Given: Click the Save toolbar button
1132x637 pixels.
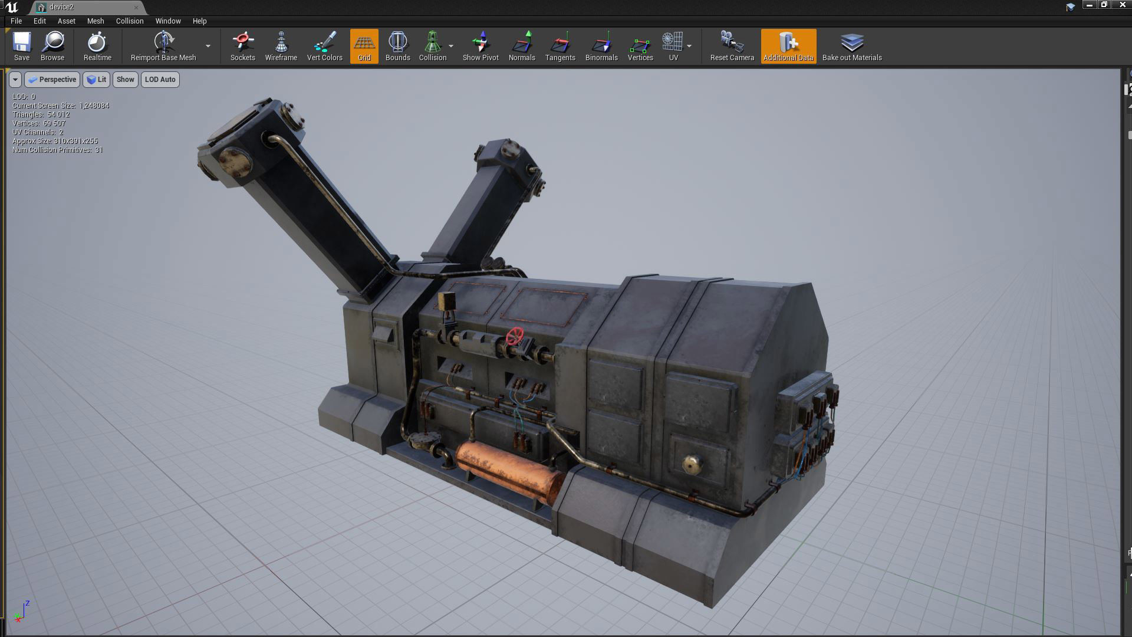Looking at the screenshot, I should [22, 47].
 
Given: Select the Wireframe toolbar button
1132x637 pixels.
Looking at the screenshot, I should [281, 47].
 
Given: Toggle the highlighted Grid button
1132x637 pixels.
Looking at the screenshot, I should [364, 47].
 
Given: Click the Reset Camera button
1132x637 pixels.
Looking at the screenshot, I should [732, 47].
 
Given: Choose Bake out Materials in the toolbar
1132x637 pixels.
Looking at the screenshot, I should [851, 47].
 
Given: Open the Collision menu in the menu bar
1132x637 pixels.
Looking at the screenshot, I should [130, 21].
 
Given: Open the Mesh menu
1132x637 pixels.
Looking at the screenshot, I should [96, 21].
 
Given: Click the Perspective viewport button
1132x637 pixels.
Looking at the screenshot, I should [52, 80].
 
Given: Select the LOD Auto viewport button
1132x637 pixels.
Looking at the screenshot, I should [160, 80].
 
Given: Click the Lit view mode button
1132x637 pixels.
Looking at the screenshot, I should [97, 80].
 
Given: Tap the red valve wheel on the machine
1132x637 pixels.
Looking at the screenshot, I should [515, 337].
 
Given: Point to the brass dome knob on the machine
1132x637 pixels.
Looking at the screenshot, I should [692, 464].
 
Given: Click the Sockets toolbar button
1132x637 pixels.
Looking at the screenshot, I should [242, 47].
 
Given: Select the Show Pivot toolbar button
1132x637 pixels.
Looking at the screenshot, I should [481, 47].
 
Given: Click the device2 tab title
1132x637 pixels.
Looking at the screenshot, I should [62, 7].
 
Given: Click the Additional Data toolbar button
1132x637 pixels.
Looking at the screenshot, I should [788, 47].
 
